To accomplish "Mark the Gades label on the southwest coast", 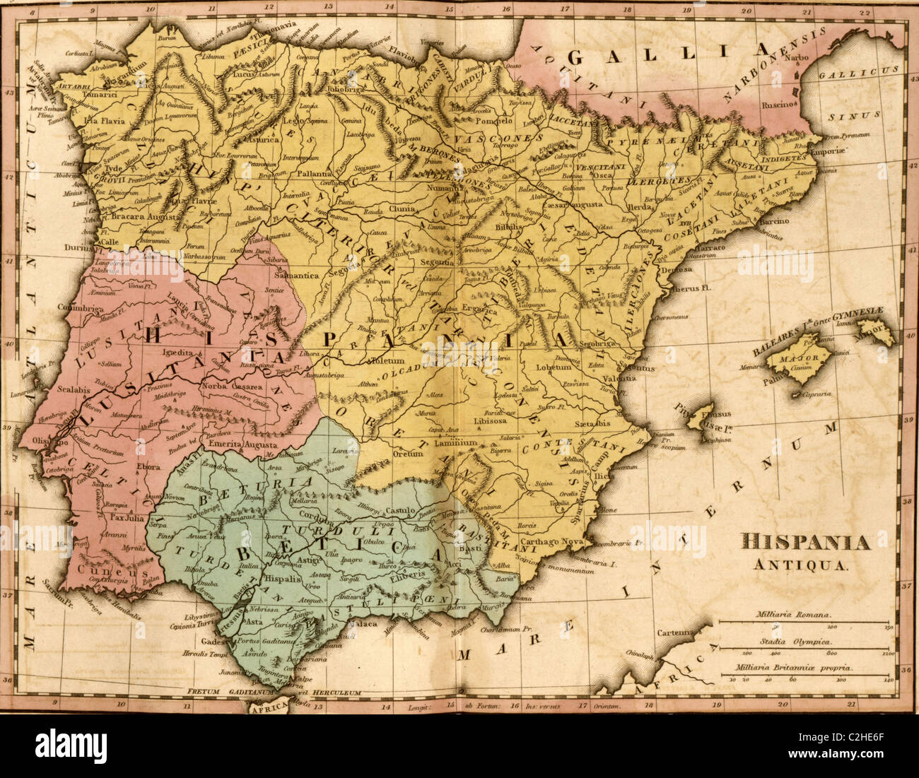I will [216, 642].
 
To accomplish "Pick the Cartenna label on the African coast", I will [674, 632].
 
